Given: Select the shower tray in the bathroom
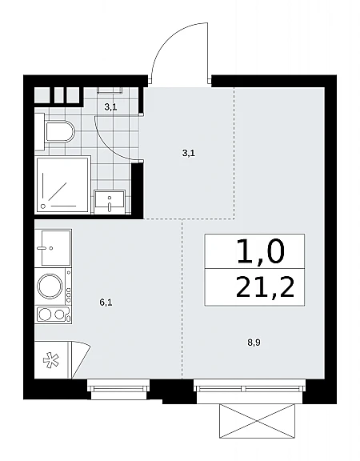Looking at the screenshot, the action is point(62,186).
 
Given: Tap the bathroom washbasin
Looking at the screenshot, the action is point(110,202).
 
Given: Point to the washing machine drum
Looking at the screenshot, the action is point(50,286).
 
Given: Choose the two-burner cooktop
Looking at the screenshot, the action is point(53,315).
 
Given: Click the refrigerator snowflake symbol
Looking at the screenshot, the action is point(51,361).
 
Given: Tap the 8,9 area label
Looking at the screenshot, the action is point(254,343).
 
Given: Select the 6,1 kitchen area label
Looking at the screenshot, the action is point(106,303).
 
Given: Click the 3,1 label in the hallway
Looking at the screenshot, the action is point(189,153).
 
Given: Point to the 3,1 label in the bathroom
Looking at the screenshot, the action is point(110,107).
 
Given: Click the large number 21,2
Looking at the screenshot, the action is point(265,287).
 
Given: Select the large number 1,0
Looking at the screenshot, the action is point(260,251).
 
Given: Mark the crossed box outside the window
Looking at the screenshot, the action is point(257,421).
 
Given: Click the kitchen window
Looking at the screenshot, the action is point(118,389).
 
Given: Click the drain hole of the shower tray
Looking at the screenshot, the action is point(43,206).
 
